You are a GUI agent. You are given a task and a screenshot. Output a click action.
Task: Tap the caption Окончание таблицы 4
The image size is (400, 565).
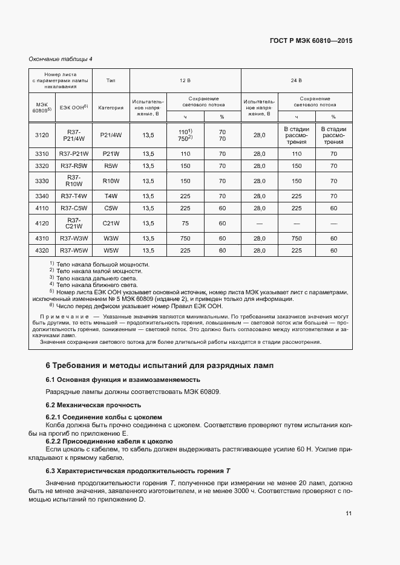(61, 59)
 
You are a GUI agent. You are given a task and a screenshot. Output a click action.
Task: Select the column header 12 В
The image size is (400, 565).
(185, 80)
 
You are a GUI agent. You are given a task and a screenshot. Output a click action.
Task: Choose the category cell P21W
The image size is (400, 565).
(111, 154)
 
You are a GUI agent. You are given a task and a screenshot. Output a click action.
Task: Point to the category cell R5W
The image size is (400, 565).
(111, 166)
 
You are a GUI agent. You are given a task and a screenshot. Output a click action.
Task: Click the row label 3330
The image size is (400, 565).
(42, 181)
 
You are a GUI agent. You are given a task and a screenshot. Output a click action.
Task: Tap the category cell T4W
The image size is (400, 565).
(111, 196)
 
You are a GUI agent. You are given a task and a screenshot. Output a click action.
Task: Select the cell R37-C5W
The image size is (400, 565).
(74, 208)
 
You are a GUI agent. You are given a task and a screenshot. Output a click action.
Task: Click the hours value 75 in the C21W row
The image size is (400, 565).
(185, 223)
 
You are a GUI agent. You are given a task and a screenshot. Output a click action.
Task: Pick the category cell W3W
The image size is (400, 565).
(111, 239)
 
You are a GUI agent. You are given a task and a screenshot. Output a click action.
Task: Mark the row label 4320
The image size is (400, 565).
(42, 250)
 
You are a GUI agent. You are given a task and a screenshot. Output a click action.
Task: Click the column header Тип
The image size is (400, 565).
(111, 80)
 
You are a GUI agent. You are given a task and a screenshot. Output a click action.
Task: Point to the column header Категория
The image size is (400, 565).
(111, 108)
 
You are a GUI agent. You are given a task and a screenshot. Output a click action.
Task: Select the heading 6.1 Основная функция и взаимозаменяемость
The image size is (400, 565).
(123, 379)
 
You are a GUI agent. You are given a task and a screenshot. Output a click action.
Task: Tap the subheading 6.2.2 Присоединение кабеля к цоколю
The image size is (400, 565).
(110, 442)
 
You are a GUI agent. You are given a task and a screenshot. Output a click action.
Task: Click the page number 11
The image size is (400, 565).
(349, 514)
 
